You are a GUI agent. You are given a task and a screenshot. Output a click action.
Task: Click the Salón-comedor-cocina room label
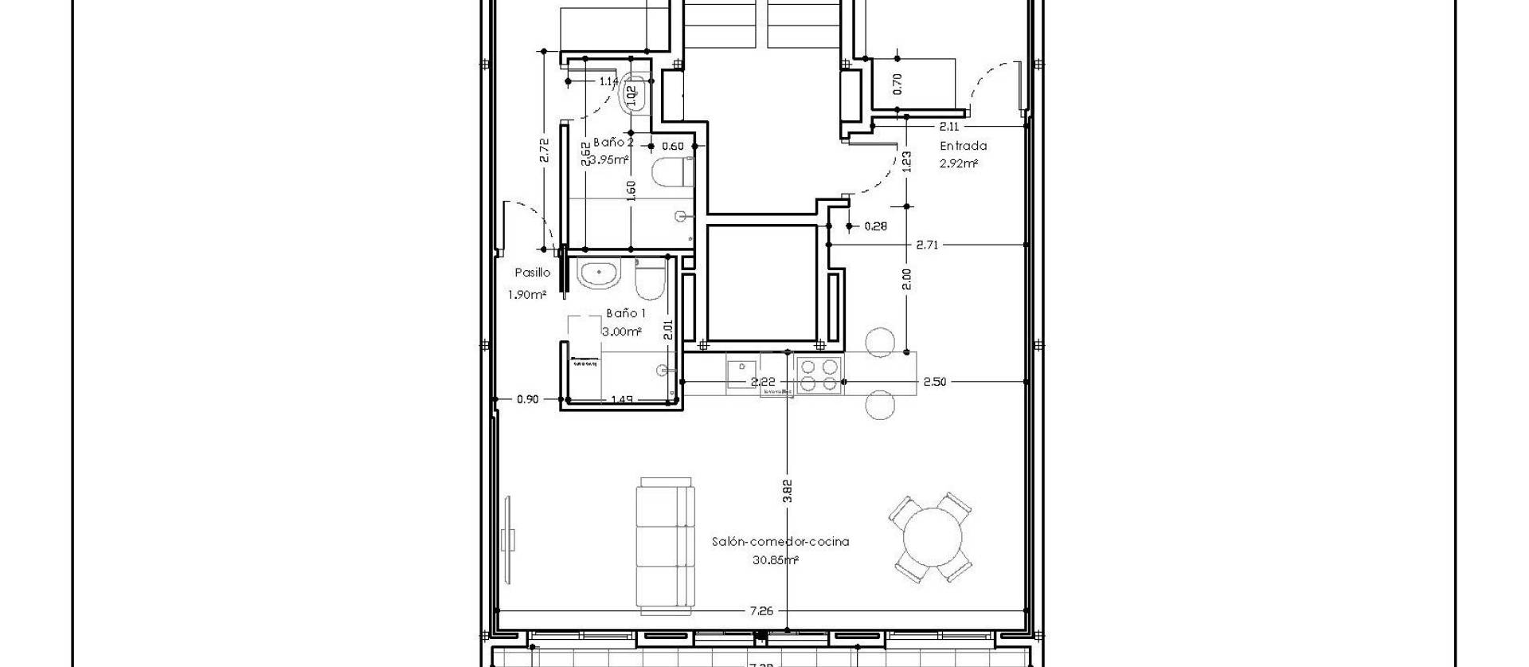(780, 542)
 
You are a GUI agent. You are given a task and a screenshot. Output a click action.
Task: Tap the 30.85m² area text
(775, 560)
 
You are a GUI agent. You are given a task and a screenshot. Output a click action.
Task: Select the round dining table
(930, 537)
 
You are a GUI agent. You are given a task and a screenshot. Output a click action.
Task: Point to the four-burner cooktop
(819, 375)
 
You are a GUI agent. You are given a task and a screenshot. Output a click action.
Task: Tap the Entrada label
(963, 146)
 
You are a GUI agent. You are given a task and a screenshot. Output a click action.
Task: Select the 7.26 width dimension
(761, 611)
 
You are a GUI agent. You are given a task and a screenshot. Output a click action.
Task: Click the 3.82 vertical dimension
(788, 491)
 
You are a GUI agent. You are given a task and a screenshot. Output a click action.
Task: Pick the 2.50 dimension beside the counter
(934, 383)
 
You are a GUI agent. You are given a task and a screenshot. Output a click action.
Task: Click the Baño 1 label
(625, 314)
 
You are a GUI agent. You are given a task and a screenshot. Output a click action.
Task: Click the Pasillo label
(532, 273)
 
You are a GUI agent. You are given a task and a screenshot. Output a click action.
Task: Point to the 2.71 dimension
(926, 245)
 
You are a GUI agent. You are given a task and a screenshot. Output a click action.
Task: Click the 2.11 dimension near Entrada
(948, 127)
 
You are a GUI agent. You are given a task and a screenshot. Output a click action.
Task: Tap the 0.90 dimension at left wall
(527, 399)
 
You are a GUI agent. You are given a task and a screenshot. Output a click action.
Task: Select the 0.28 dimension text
(875, 226)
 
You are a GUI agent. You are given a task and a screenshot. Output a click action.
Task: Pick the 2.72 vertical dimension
(544, 151)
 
